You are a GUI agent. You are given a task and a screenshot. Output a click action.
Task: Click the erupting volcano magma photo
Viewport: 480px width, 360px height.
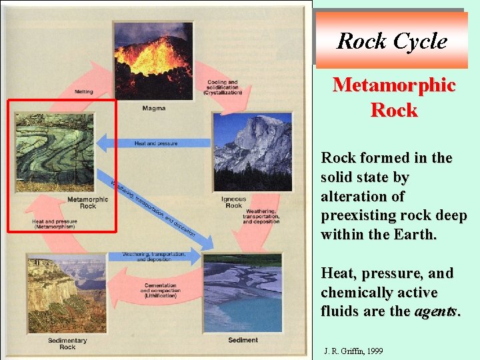point(153,61)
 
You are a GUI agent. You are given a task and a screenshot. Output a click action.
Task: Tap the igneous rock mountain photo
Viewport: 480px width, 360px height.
point(252,152)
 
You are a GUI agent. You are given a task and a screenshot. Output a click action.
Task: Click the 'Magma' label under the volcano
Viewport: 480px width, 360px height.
point(154,108)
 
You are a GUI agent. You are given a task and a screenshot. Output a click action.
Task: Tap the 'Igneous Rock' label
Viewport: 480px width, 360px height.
point(234,202)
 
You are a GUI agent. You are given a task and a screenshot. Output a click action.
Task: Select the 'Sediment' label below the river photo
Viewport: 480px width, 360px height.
point(243,340)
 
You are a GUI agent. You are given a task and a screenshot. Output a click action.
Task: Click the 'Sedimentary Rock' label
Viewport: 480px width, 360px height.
point(67,344)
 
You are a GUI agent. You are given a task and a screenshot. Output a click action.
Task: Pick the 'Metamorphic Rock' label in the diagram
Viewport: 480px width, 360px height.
point(87,203)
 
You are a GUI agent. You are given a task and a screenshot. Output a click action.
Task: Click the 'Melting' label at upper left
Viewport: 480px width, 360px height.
point(84,92)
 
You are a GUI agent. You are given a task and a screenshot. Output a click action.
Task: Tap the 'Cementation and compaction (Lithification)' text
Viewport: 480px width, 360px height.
point(159,291)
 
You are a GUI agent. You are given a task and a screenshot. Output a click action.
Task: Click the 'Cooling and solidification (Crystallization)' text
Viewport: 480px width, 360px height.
point(223,87)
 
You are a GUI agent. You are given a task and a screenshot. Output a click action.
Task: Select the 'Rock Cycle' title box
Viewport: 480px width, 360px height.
point(391,41)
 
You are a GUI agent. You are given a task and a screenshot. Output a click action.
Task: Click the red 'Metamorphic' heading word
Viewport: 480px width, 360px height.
point(394,85)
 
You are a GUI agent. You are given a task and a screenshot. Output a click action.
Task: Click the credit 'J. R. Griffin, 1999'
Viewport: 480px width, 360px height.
point(353,350)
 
